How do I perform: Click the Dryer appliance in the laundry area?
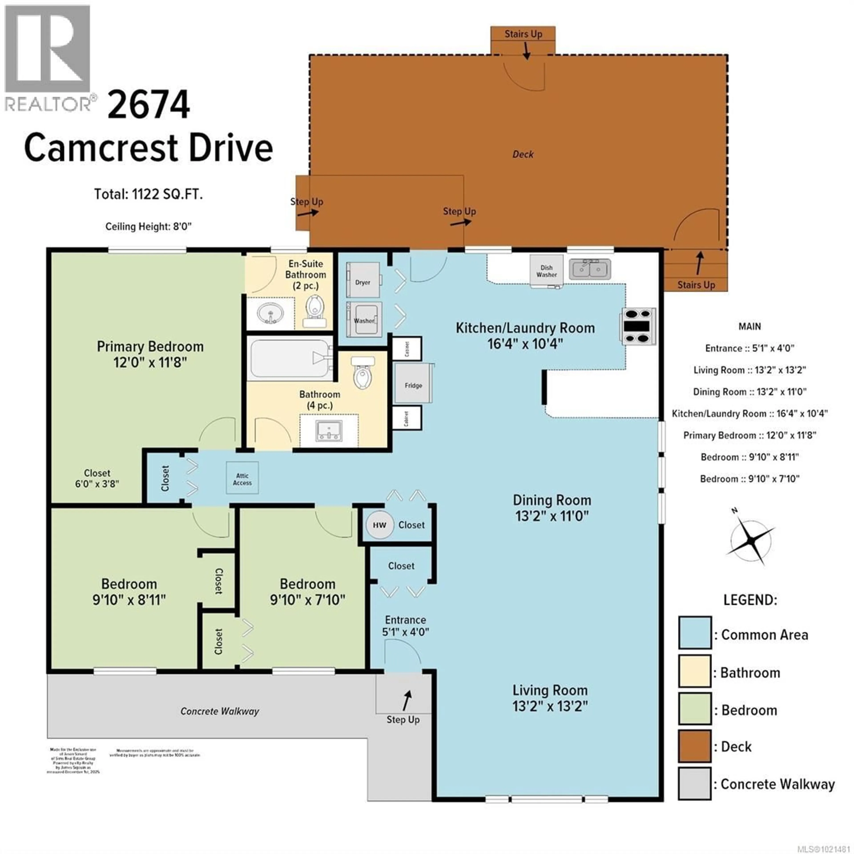363,280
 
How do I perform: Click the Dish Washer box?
546,270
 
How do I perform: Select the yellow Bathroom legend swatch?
694,671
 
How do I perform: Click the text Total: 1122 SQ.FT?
148,195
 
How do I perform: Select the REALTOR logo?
49,57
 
